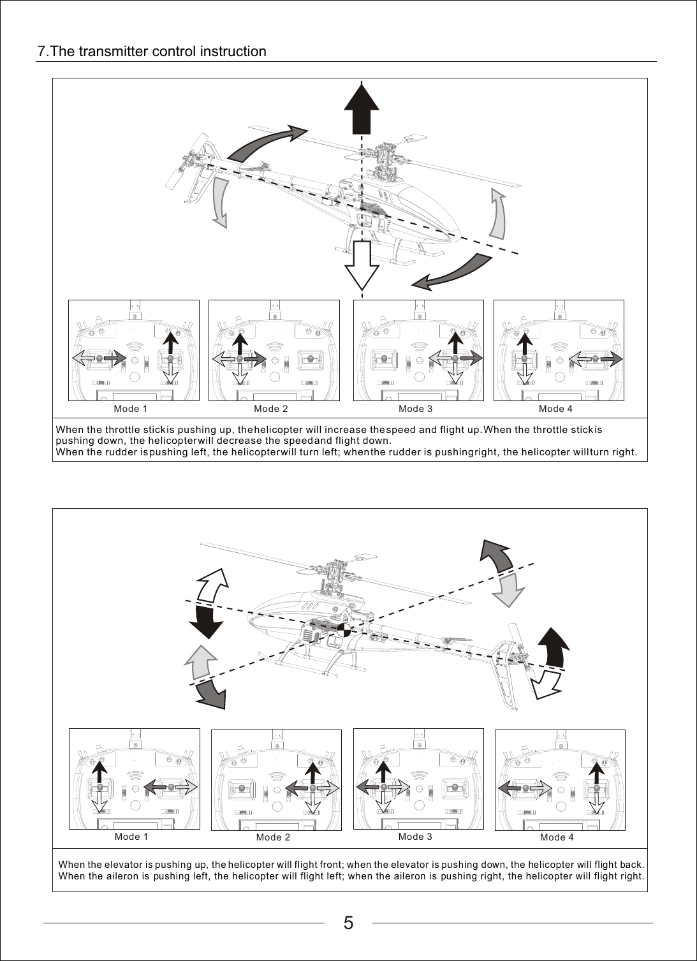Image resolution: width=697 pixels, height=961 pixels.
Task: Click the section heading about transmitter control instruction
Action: pos(152,51)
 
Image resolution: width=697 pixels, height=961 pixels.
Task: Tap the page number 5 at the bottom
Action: pos(348,923)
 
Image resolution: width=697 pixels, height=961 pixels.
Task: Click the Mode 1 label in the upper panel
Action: pos(130,408)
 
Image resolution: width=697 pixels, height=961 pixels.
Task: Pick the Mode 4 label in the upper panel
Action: pos(555,408)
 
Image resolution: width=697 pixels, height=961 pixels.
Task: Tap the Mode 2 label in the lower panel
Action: pos(273,837)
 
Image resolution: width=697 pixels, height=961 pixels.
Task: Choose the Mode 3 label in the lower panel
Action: pos(415,836)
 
